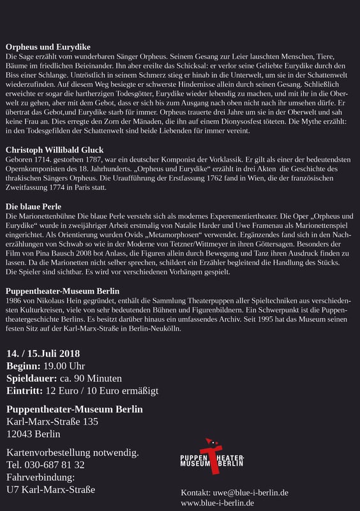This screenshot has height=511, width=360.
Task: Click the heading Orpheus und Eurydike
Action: tap(48, 47)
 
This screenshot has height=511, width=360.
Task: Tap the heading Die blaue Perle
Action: tap(34, 208)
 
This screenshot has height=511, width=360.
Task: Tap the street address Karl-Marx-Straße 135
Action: tap(52, 422)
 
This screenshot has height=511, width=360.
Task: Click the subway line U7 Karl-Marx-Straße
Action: tap(50, 490)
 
